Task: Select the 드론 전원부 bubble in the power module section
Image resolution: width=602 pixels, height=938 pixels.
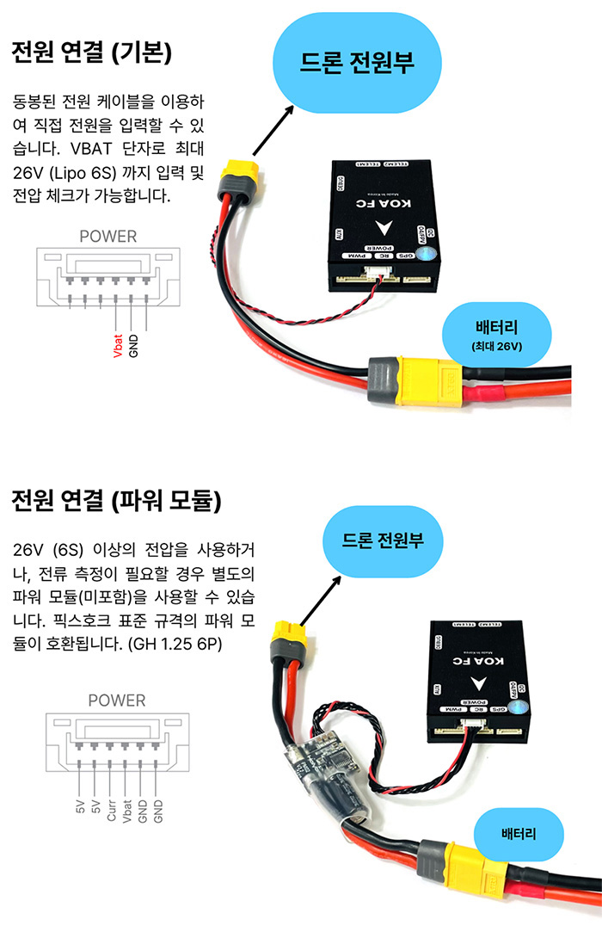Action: tap(383, 540)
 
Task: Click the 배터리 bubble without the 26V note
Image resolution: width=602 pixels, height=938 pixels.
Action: tap(519, 834)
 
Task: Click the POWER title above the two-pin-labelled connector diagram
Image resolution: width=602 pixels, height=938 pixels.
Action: tap(107, 235)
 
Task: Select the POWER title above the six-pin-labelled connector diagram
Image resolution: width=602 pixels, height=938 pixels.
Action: tap(117, 700)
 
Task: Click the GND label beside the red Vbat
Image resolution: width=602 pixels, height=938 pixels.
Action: tap(133, 342)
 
